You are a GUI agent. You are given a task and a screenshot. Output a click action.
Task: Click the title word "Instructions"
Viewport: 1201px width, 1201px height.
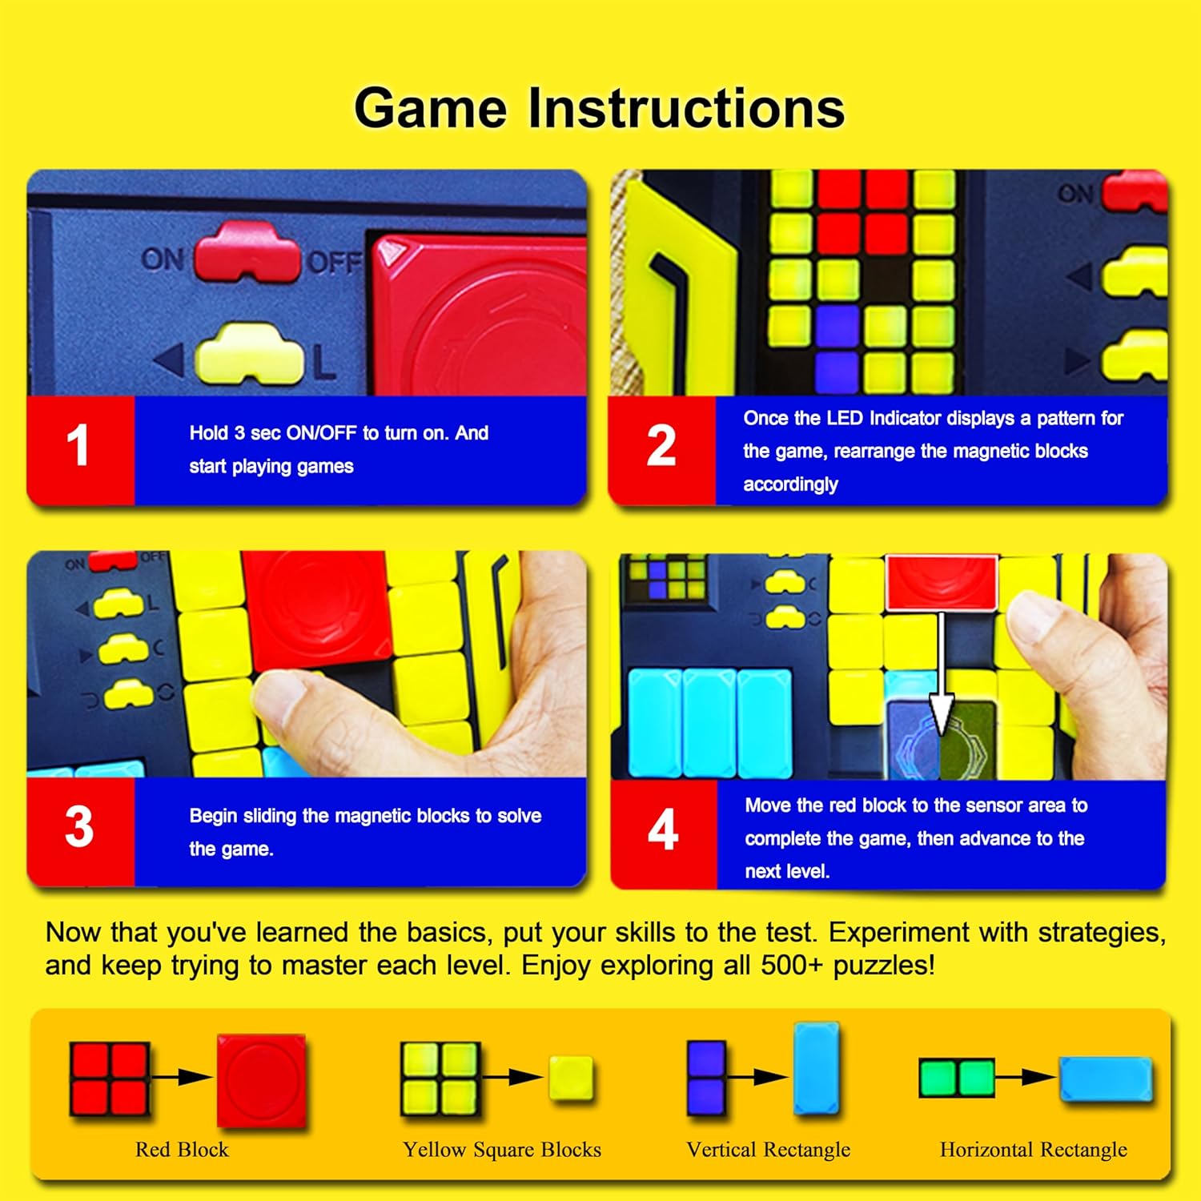point(686,108)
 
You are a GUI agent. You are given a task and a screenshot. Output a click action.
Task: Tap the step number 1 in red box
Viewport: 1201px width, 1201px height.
point(78,445)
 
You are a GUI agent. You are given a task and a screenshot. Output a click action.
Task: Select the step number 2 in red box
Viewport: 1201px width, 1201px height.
point(661,446)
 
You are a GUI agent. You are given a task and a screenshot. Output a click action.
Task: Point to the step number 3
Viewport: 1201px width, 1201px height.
point(79,827)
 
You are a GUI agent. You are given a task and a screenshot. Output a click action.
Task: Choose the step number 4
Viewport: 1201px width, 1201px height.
point(663,829)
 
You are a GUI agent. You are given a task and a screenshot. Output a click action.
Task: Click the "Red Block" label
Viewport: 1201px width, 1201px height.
point(182,1150)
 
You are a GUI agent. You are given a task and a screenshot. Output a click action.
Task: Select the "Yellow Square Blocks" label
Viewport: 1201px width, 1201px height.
point(502,1150)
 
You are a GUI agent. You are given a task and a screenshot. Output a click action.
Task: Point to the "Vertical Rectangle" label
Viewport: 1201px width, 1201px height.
point(769,1150)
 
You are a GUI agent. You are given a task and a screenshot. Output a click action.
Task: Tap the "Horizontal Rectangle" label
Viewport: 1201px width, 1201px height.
point(1033,1150)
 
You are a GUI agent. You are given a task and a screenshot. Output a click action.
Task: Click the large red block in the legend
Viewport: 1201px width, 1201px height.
point(261,1080)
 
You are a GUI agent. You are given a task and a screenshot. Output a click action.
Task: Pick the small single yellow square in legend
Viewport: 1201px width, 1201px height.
point(571,1078)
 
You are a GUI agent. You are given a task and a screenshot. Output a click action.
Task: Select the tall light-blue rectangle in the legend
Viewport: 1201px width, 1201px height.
point(817,1069)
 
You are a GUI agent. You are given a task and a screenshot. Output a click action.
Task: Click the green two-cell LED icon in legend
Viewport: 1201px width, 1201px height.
point(957,1078)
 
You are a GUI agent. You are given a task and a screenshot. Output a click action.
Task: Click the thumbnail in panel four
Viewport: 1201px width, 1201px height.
point(666,576)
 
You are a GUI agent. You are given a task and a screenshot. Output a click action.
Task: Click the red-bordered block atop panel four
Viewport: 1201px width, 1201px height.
point(942,582)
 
